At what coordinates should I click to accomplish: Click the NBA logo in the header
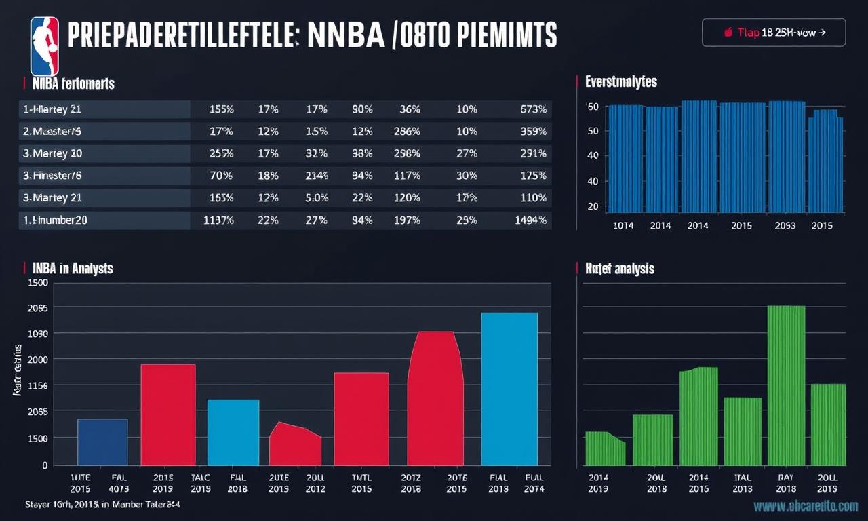pos(45,46)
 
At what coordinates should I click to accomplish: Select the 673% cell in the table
pos(533,109)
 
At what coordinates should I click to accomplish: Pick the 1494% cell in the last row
pos(531,220)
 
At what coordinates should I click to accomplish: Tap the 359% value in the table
pos(533,132)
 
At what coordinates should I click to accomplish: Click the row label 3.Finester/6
pos(53,176)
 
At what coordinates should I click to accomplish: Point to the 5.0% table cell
pos(317,198)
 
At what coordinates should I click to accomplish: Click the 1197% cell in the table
pos(218,220)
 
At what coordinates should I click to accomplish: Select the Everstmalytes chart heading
pos(621,82)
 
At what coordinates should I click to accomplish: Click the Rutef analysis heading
pos(619,269)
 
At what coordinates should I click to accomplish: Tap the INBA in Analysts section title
pos(73,269)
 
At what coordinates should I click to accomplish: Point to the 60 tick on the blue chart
pos(593,107)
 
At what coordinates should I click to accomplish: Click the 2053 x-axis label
pos(785,225)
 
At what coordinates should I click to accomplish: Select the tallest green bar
pos(786,385)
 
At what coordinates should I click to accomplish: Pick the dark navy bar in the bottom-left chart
pos(102,442)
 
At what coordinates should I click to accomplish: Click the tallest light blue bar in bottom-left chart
pos(509,389)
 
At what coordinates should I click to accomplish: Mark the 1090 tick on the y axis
pos(37,334)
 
